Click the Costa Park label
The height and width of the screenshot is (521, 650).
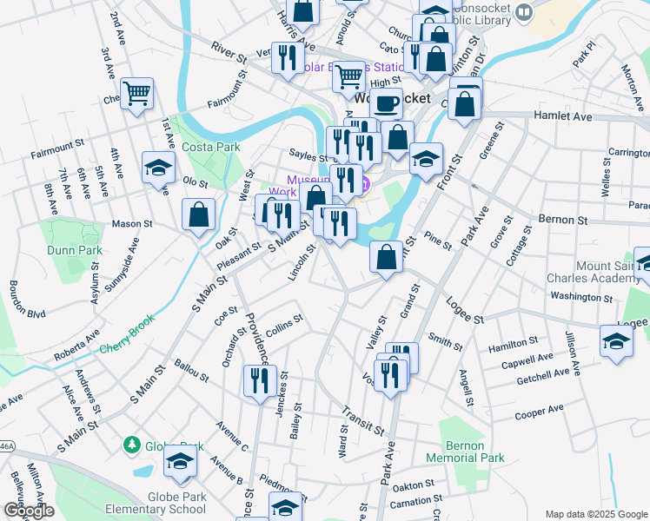coord(210,147)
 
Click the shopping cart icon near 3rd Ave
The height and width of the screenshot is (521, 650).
coord(137,93)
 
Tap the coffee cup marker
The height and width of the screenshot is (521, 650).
coord(386,102)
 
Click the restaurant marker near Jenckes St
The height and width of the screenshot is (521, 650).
coord(260,379)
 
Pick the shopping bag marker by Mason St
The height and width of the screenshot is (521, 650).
coord(199,214)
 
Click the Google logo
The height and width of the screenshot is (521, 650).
coord(28,511)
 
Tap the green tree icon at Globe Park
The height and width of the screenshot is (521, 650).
coord(132,445)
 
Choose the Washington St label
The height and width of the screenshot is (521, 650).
coord(581,296)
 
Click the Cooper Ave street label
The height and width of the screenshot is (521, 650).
coord(541,412)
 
